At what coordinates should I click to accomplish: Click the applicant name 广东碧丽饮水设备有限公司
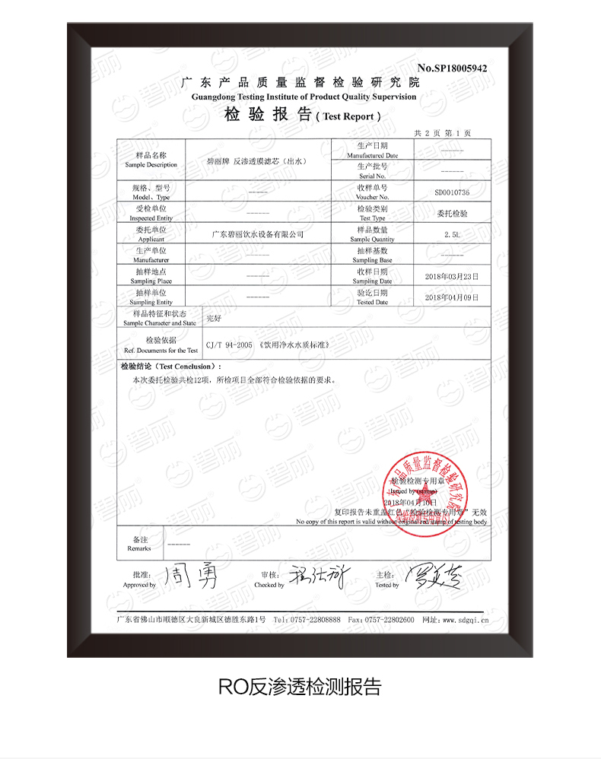pyautogui.click(x=257, y=234)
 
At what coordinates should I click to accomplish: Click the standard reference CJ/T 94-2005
pyautogui.click(x=229, y=345)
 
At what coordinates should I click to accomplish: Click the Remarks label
pyautogui.click(x=139, y=544)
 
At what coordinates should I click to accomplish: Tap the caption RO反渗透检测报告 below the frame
pyautogui.click(x=299, y=687)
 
